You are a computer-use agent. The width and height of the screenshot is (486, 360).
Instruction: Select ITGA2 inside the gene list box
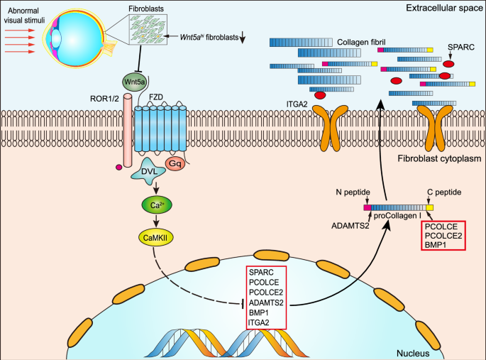(x=258, y=322)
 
